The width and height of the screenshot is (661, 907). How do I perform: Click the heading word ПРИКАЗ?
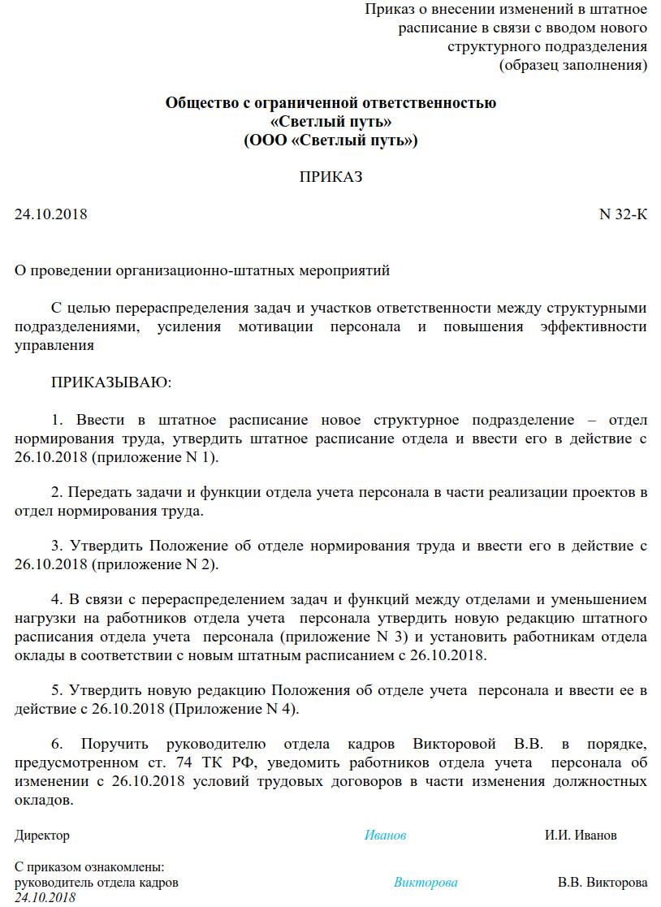point(330,177)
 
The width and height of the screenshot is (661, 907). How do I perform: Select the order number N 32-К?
point(623,215)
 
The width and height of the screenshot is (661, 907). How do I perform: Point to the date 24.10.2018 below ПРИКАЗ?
point(50,215)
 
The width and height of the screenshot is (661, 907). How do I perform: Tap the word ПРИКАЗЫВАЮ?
point(112,381)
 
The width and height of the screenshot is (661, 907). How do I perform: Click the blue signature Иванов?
point(385,836)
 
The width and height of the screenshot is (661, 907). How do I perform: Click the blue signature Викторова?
point(426,883)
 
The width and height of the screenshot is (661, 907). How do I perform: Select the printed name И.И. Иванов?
point(581,836)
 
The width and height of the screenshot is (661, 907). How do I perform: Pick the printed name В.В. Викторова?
point(603,883)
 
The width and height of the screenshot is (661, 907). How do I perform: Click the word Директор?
point(42,836)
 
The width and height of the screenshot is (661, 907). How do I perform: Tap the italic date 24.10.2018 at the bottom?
point(45,897)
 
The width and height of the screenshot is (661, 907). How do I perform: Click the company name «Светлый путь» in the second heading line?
point(330,122)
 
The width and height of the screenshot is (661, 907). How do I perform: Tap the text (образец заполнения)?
point(572,65)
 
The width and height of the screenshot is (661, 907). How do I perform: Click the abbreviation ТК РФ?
point(239,763)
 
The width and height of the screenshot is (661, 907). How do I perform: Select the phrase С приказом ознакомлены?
point(89,867)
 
